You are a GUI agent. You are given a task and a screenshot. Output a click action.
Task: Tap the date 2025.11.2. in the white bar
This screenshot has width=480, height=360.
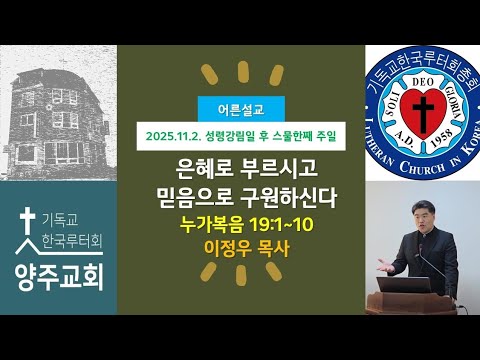(172, 132)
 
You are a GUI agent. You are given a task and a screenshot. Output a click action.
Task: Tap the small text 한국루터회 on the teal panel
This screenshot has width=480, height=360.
(75, 241)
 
